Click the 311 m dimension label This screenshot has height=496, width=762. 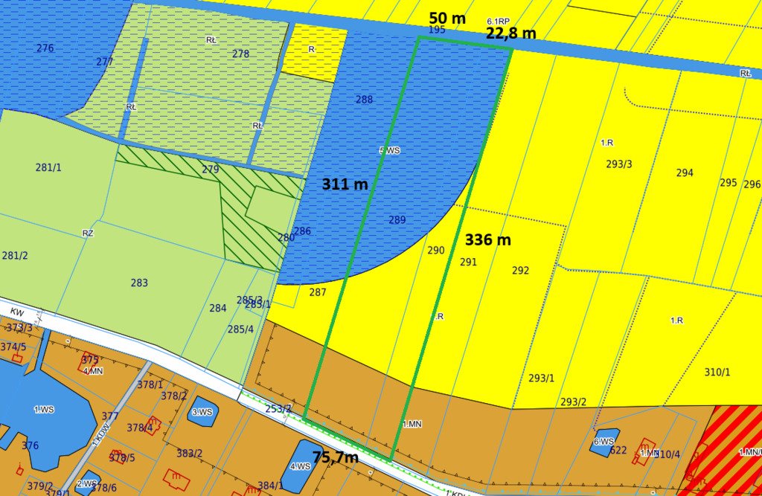point(345,184)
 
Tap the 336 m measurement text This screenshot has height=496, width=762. point(488,240)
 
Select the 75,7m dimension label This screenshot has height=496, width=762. point(335,457)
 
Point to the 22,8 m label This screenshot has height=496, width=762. point(510,33)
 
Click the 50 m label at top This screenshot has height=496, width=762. point(448,17)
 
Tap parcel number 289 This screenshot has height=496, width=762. point(397,219)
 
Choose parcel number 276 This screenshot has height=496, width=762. point(45,48)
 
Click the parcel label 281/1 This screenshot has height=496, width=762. point(48,167)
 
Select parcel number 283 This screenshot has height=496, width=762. point(139,283)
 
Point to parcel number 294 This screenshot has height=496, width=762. point(685,173)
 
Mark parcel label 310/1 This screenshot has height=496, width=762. point(717,372)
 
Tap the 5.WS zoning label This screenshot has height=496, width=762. point(390,150)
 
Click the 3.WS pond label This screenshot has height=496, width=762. point(202,412)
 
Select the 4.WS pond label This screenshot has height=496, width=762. point(300,466)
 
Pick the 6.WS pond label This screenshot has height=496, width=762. point(603,441)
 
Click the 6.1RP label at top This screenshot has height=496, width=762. point(498,22)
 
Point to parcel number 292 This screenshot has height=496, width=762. point(520,271)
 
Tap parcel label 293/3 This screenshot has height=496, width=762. point(619,164)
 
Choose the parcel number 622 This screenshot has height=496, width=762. point(618,450)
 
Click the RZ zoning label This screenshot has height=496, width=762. point(88,233)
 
